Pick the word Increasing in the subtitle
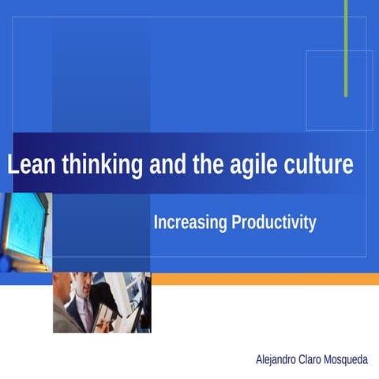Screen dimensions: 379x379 pyautogui.click(x=189, y=223)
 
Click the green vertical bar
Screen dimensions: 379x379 pyautogui.click(x=346, y=47)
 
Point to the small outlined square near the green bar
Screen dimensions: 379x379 pyautogui.click(x=339, y=91)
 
